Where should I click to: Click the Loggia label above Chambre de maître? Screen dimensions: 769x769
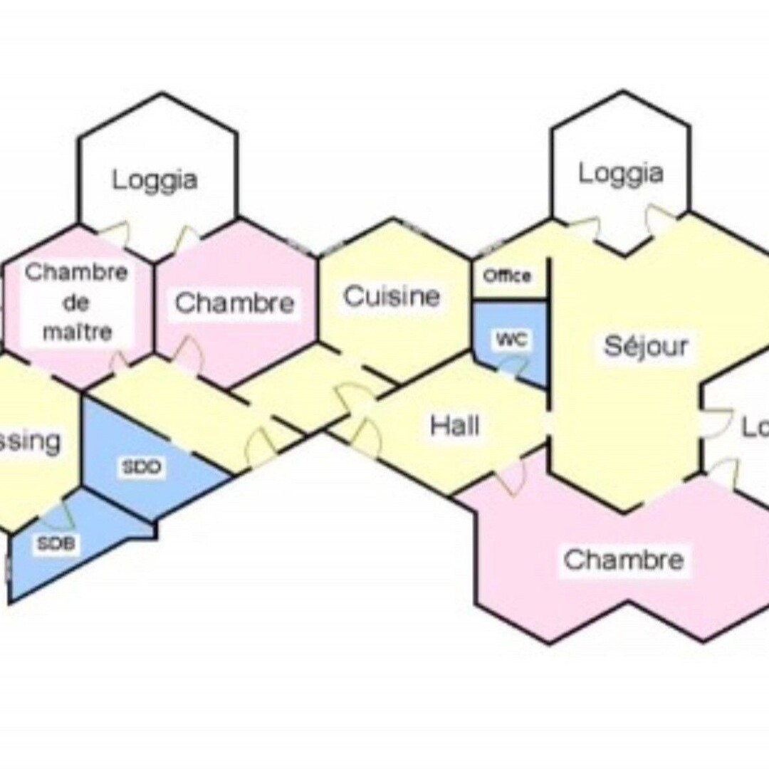155,179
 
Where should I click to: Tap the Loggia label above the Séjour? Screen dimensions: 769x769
620,173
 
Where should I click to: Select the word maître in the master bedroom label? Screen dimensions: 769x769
78,332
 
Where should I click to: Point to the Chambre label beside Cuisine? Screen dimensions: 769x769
234,303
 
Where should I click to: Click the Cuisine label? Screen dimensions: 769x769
392,296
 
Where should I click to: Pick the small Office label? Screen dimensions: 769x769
507,276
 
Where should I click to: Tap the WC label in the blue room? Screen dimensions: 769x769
511,340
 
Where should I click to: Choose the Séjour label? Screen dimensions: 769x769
646,347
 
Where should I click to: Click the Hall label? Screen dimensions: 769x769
454,426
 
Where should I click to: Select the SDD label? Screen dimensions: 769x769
142,468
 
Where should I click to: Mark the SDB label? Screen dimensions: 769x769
56,544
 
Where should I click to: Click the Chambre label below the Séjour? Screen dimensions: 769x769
624,560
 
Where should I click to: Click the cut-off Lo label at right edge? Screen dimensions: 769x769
754,427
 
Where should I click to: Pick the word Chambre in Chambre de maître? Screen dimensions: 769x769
76,272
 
